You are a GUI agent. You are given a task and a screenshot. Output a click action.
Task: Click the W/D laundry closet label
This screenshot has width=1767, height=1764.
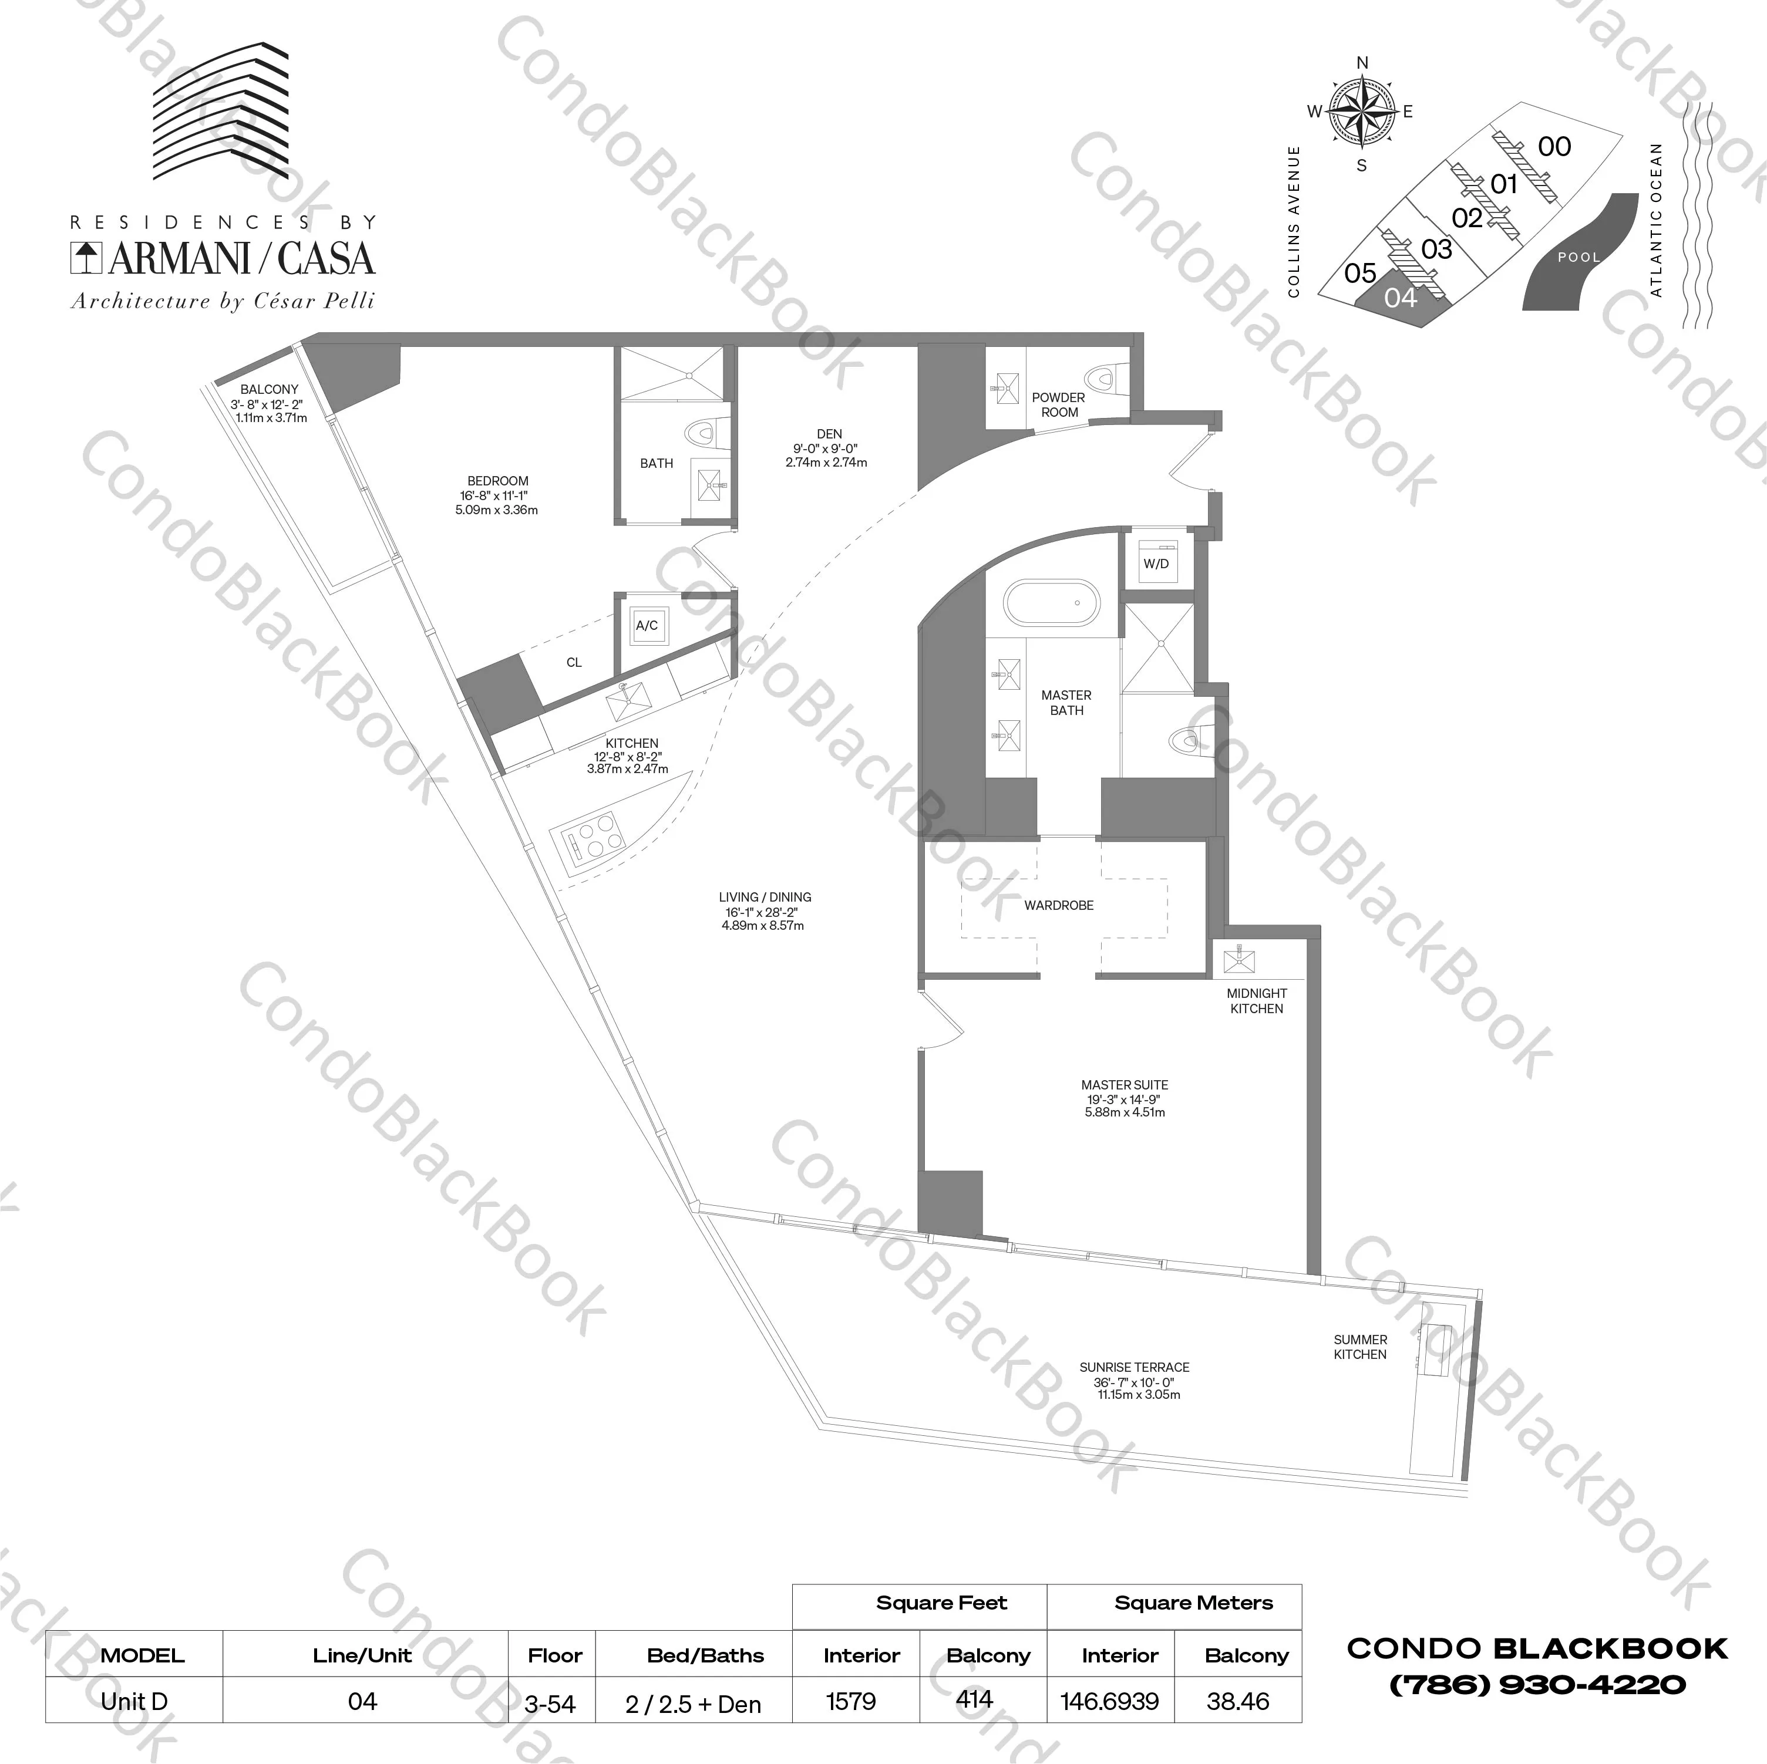[x=1156, y=564]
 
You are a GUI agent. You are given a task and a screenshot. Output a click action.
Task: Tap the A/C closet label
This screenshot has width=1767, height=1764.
[x=647, y=626]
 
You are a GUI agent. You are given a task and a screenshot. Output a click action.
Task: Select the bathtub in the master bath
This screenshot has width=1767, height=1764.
[x=1052, y=603]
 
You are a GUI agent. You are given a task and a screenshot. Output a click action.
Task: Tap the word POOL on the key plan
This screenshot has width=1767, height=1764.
[x=1578, y=257]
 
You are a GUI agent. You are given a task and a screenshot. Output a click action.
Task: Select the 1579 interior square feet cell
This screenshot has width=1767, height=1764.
[x=850, y=1701]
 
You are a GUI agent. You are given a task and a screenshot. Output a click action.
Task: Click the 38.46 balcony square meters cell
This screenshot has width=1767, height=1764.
[x=1237, y=1701]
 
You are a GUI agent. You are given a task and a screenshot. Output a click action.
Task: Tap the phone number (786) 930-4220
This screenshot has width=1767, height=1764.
[x=1537, y=1684]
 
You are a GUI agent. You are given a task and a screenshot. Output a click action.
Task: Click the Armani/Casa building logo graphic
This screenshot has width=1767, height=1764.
[x=220, y=110]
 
